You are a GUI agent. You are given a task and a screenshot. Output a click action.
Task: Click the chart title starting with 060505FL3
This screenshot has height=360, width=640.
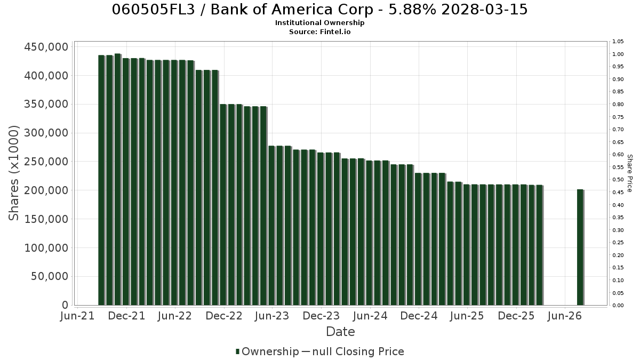point(319,10)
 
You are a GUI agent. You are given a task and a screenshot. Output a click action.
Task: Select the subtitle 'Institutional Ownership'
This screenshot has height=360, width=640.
point(319,23)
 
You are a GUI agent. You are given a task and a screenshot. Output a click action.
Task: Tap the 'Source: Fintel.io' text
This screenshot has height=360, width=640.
point(319,31)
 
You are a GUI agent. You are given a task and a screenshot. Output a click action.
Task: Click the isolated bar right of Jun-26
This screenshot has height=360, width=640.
point(580,247)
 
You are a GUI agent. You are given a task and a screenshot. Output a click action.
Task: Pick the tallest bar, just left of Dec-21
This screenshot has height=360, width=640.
point(117,179)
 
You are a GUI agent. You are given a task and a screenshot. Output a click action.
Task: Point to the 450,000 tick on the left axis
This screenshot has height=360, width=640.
point(46,47)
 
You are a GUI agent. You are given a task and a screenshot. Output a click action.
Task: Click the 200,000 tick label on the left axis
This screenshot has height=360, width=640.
point(46,190)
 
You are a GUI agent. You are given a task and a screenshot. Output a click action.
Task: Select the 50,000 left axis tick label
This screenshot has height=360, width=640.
point(50,276)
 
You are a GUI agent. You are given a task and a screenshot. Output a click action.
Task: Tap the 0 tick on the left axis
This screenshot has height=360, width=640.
point(65,305)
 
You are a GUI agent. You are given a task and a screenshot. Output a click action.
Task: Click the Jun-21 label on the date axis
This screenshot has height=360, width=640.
point(77,316)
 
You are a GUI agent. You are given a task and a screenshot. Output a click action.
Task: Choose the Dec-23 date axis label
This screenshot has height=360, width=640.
point(321,316)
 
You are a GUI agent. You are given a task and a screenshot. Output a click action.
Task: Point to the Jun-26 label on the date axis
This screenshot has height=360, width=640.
point(565,316)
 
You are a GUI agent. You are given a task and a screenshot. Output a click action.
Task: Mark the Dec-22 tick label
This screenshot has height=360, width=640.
point(224,316)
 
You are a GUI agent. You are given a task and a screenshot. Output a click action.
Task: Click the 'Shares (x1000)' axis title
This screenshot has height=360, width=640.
point(13,173)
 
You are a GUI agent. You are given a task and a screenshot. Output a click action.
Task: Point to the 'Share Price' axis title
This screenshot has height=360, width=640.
point(629,173)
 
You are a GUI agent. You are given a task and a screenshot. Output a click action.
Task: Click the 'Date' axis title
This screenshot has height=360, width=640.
point(340,332)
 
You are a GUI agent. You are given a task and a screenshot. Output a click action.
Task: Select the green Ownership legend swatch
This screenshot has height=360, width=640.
point(237,351)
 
